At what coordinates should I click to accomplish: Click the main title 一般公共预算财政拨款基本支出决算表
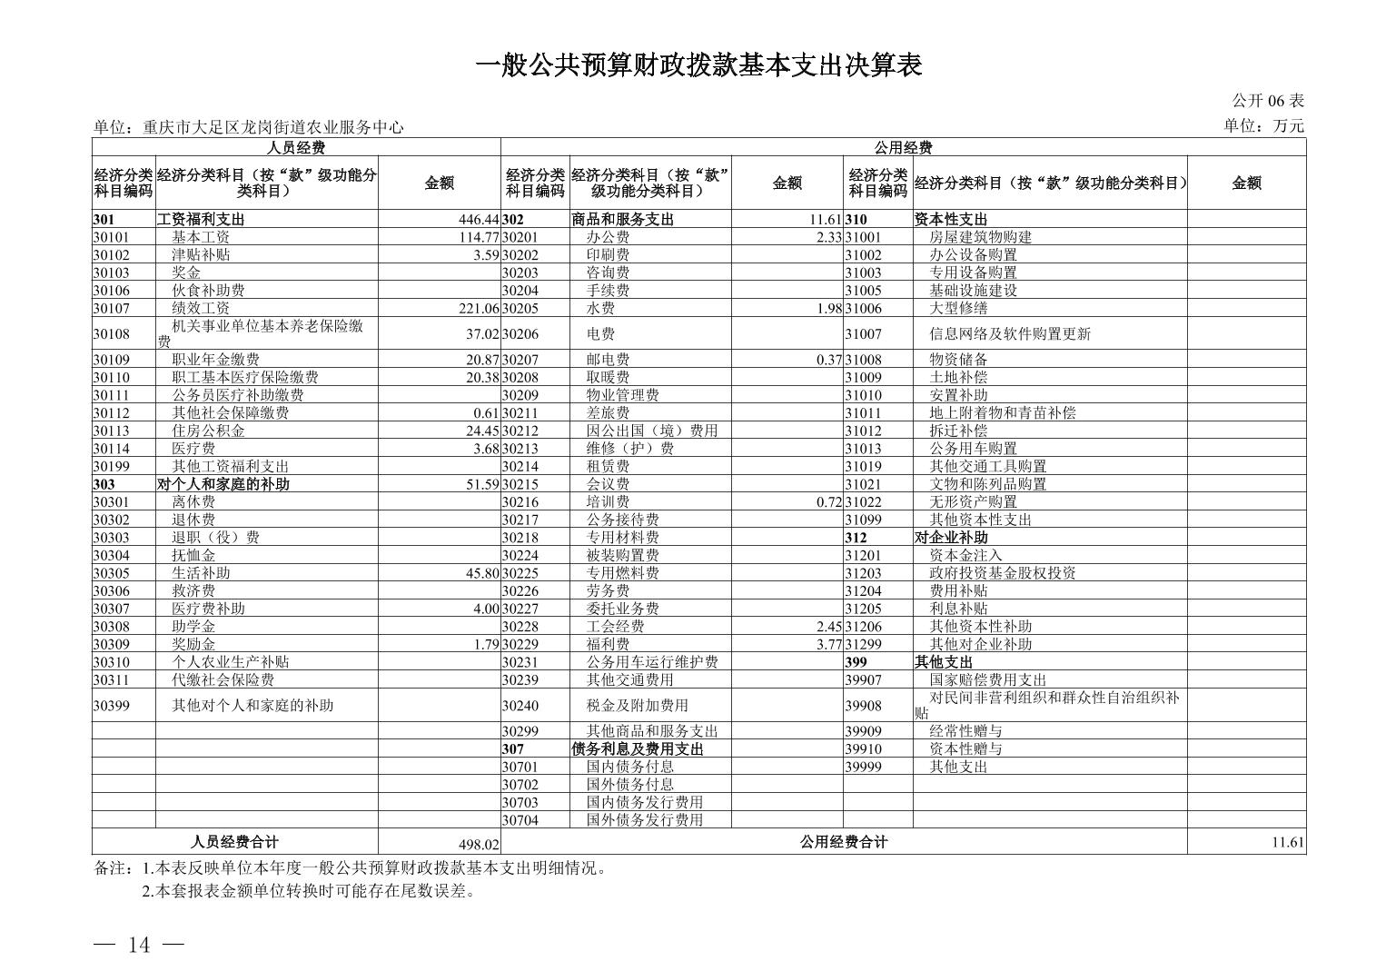pyautogui.click(x=698, y=65)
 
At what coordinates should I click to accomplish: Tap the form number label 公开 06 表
pyautogui.click(x=1267, y=101)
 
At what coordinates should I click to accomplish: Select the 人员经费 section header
pyautogui.click(x=296, y=147)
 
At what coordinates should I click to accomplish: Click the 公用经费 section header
pyautogui.click(x=903, y=147)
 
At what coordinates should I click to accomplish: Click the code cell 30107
pyautogui.click(x=112, y=308)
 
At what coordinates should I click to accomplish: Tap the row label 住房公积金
pyautogui.click(x=208, y=431)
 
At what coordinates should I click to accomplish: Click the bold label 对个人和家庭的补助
pyautogui.click(x=223, y=484)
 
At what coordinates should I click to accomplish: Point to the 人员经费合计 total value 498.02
pyautogui.click(x=479, y=845)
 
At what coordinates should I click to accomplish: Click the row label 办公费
pyautogui.click(x=608, y=237)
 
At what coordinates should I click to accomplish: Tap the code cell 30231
pyautogui.click(x=520, y=662)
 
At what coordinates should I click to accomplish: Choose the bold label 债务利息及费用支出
pyautogui.click(x=638, y=748)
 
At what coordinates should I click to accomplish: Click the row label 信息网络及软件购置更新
pyautogui.click(x=1009, y=333)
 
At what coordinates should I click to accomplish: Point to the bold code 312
pyautogui.click(x=856, y=538)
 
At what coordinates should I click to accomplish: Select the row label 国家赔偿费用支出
pyautogui.click(x=987, y=679)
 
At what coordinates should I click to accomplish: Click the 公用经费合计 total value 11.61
pyautogui.click(x=1287, y=843)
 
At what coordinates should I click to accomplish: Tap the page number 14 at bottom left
pyautogui.click(x=139, y=945)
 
